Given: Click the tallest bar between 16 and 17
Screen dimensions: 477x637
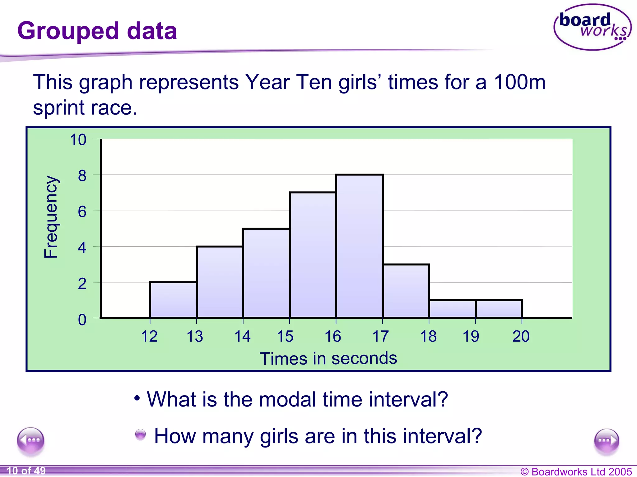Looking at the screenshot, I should [x=359, y=246].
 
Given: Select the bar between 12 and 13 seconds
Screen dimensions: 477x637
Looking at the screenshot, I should [x=173, y=300].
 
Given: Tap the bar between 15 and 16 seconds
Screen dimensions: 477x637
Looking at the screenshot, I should [x=313, y=255].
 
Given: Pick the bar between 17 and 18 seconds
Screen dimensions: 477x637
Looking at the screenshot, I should [x=406, y=291].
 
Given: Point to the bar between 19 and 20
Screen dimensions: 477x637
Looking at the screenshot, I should [x=499, y=309].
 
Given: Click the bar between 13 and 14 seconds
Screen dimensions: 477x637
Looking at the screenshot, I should [x=220, y=282].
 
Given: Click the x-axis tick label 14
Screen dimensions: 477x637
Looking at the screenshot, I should [x=242, y=336].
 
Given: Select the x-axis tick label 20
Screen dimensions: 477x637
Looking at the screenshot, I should [x=521, y=336].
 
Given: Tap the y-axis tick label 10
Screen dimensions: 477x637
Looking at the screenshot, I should [x=78, y=140].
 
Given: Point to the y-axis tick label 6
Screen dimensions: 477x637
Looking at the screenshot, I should [x=82, y=212].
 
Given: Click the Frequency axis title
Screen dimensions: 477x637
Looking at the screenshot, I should [x=51, y=217].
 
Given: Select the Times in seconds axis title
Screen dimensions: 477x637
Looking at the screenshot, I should [x=328, y=358].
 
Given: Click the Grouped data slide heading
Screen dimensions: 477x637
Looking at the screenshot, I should [x=97, y=31].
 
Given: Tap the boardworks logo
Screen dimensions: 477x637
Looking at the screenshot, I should [x=592, y=27].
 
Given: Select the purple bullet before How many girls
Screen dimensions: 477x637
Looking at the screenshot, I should [x=140, y=434].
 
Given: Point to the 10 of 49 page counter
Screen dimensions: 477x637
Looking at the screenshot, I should [x=26, y=471].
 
